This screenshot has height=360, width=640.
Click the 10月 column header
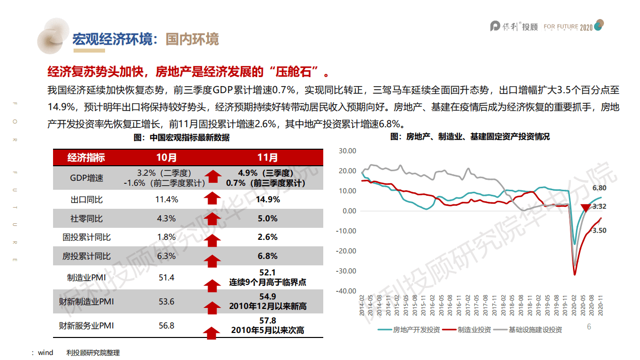click(167, 158)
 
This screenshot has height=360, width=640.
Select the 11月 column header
click(267, 158)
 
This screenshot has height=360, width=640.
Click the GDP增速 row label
click(86, 178)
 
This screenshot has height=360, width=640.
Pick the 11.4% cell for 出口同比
click(167, 199)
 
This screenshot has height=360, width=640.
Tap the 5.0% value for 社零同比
click(267, 218)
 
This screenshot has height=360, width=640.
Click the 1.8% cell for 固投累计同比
click(167, 237)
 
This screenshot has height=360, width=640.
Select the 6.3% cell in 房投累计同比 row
click(167, 256)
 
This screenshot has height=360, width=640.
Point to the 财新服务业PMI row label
click(86, 325)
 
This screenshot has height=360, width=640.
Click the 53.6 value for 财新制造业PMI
click(167, 301)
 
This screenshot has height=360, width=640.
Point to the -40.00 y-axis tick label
click(346, 291)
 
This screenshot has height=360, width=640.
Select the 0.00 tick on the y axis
click(348, 211)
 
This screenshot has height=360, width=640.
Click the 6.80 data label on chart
click(599, 188)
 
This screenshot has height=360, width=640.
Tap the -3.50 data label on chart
click(598, 230)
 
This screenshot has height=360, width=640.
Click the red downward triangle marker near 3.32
click(585, 208)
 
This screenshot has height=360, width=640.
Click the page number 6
click(589, 326)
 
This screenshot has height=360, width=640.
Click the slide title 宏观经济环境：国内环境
click(146, 39)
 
